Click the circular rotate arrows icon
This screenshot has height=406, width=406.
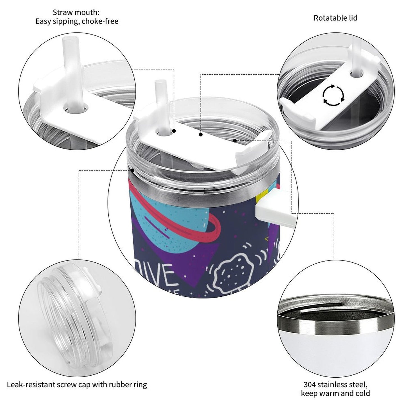coord(333,95)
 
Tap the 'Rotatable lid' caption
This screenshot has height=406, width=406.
coord(335,18)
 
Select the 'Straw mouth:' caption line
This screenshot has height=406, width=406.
coord(76,12)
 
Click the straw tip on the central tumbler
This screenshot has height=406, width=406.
coord(159,84)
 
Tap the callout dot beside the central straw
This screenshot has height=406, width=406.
coord(174,131)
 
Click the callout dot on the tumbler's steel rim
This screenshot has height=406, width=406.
coord(132,170)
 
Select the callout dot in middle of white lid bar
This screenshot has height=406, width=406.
coord(201,135)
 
